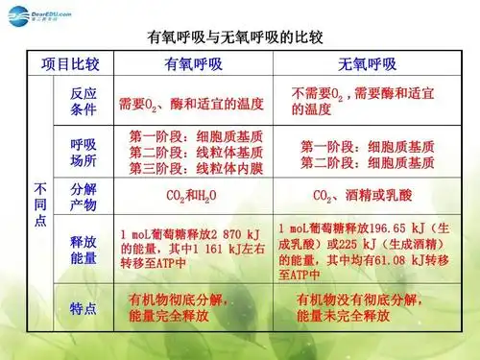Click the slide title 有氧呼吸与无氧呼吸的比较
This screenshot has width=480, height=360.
click(x=240, y=39)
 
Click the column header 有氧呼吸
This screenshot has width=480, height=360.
click(x=192, y=65)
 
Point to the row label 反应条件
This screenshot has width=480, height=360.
click(x=84, y=102)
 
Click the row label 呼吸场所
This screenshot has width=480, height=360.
click(x=84, y=151)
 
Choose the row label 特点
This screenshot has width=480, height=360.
click(x=84, y=308)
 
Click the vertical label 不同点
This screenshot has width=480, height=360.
click(x=39, y=203)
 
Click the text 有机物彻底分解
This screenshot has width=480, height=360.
click(x=182, y=300)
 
